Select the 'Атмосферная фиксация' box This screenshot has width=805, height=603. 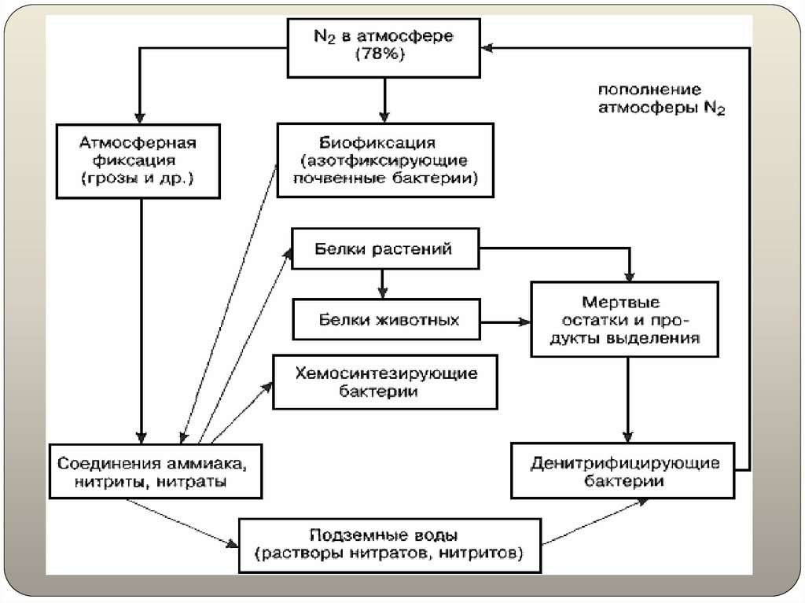point(138,161)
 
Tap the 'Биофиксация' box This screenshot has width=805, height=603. point(384,161)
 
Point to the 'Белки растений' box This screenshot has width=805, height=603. point(384,250)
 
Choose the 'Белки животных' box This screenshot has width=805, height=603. point(385,320)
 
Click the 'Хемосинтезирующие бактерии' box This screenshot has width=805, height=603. point(385,381)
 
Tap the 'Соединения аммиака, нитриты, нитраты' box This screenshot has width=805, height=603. point(155,471)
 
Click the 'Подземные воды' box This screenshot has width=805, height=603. point(390,544)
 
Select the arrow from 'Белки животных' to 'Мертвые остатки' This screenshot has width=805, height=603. point(507,321)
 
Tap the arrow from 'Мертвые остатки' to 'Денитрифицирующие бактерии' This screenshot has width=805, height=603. point(627,401)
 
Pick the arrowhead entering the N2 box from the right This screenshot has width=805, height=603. point(488,48)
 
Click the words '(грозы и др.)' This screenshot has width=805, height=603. point(138,179)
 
